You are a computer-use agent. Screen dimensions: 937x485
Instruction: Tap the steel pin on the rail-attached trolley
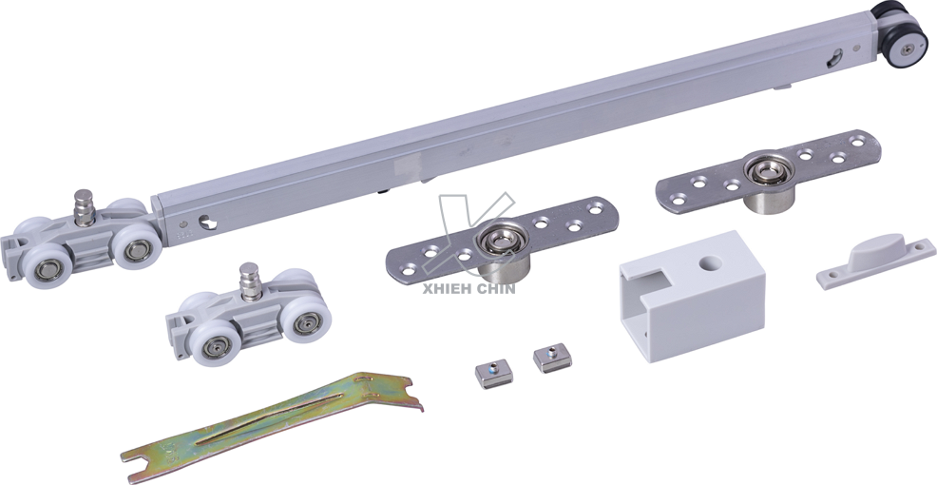(84, 207)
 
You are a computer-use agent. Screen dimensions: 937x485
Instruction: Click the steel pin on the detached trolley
(250, 281)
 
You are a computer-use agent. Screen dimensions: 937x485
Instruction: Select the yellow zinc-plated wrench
(272, 426)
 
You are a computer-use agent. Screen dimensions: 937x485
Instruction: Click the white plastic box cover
(693, 296)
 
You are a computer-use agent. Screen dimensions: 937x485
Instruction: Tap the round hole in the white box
(710, 262)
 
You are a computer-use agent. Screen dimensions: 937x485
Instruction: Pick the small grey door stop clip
(875, 261)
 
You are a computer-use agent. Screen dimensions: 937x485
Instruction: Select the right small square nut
(552, 358)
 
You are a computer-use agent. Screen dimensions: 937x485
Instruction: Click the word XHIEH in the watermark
(444, 289)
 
